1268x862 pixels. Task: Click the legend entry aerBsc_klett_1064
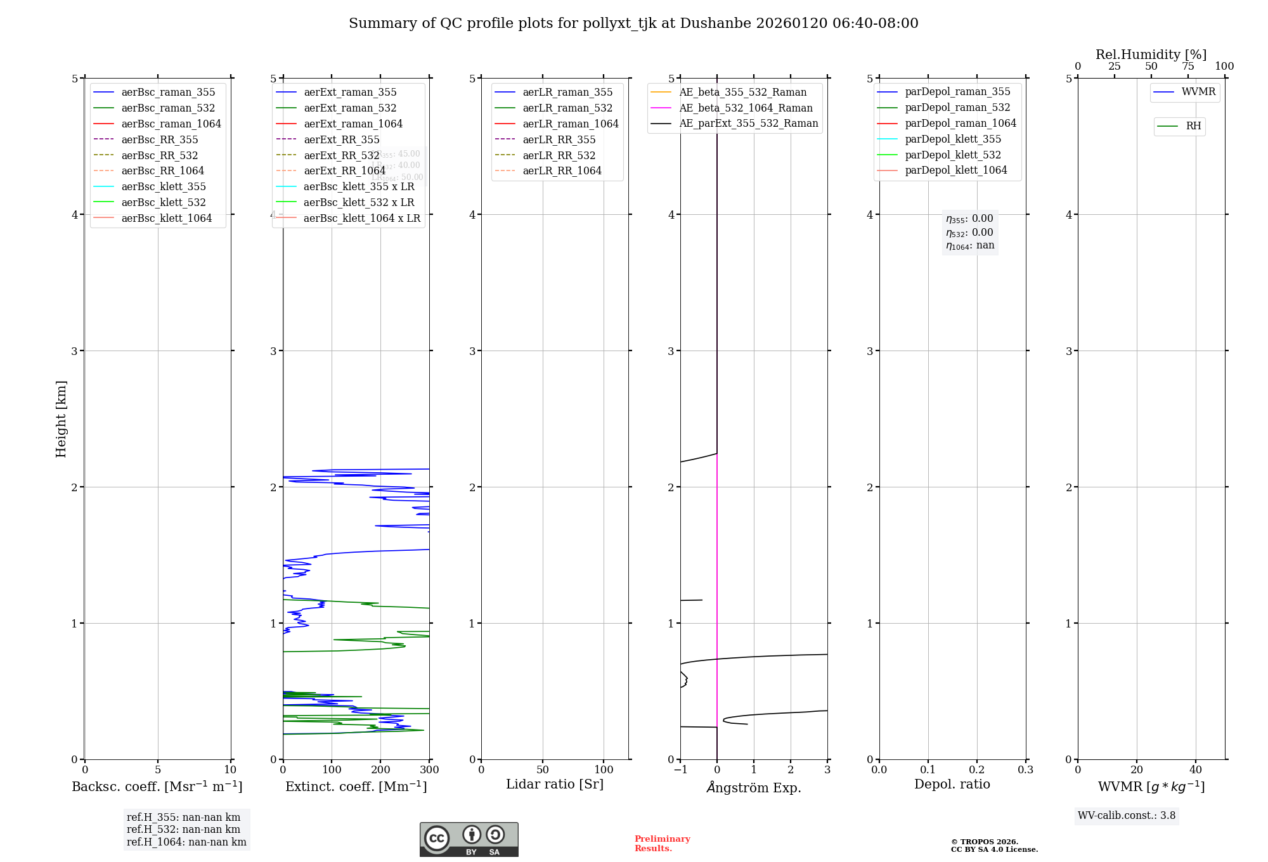coord(166,218)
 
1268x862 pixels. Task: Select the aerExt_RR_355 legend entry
coord(341,139)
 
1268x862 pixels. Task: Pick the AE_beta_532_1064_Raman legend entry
coord(746,108)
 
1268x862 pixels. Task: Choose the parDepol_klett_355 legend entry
coord(952,139)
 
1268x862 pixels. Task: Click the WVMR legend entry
coord(1198,92)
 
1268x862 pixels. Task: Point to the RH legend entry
coord(1193,126)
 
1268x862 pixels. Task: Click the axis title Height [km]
coord(61,418)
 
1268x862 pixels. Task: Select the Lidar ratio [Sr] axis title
coord(555,784)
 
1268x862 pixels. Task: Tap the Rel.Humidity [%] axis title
coord(1151,55)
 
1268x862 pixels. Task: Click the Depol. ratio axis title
coord(952,784)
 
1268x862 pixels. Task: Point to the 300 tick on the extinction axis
coord(429,770)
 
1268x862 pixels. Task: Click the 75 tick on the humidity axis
coord(1187,67)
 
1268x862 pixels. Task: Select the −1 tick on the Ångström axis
coord(680,770)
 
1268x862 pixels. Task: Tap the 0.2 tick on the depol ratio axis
coord(977,770)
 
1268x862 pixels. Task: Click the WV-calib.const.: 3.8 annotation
coord(1126,816)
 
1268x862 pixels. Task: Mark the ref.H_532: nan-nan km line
coord(183,829)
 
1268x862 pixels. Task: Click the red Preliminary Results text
coord(662,844)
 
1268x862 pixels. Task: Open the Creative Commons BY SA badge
coord(469,840)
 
